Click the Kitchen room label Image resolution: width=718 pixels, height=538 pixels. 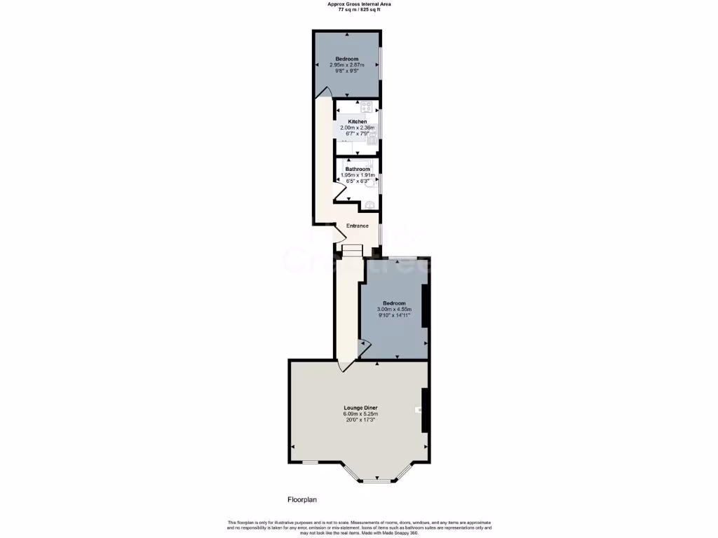357,122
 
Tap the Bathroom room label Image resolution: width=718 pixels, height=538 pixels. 358,169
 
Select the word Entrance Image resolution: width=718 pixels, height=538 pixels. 358,226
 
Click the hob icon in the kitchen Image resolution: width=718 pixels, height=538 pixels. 366,107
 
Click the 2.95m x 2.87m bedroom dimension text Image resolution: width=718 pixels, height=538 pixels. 347,65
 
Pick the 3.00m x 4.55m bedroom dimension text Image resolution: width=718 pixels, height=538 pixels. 394,309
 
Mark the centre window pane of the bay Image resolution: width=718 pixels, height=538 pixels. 377,481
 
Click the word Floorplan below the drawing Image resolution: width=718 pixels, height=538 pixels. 303,499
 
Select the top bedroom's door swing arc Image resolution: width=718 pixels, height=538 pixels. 323,93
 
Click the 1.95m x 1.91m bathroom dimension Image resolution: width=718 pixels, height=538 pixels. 358,175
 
